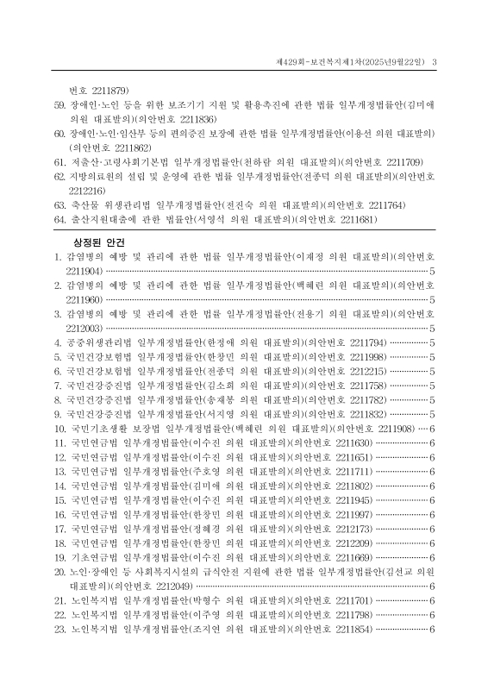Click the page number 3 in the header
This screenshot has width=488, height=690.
pyautogui.click(x=435, y=60)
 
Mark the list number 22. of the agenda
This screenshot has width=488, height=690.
pyautogui.click(x=59, y=639)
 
